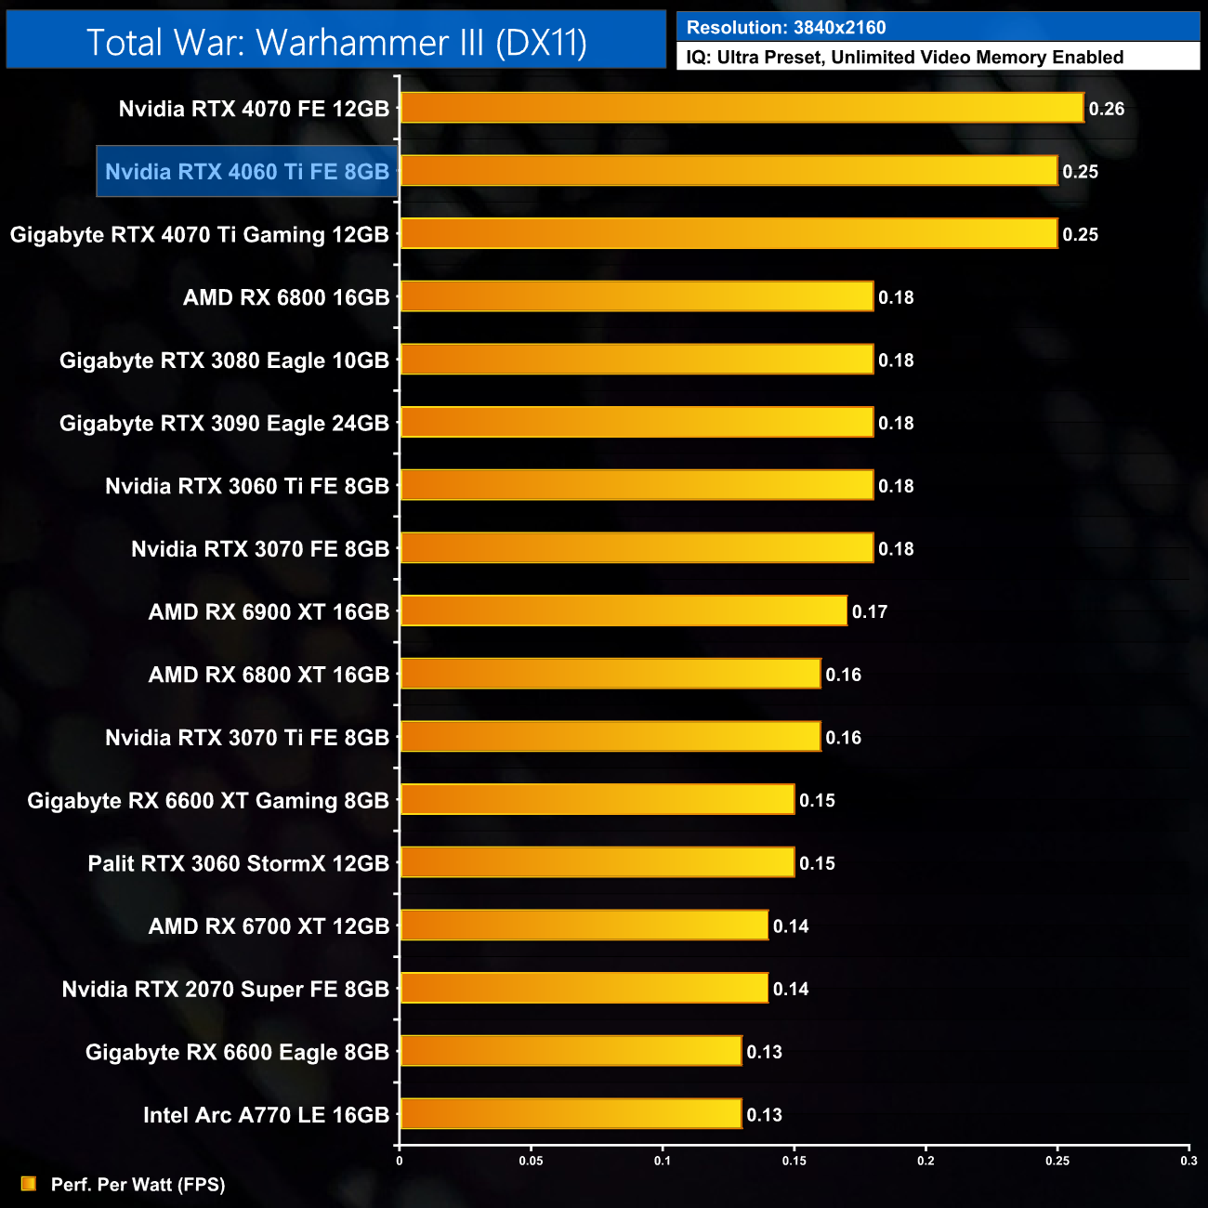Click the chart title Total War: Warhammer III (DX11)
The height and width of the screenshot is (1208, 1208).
click(x=336, y=43)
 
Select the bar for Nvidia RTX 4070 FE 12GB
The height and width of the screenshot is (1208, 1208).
click(x=742, y=108)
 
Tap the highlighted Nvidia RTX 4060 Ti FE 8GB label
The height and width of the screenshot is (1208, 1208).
click(x=247, y=172)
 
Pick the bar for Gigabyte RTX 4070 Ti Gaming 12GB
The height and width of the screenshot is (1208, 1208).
click(x=729, y=234)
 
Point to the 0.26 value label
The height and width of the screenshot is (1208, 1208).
click(x=1107, y=109)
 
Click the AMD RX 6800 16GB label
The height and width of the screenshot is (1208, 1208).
click(x=286, y=297)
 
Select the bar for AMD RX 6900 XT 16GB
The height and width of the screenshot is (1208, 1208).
click(x=624, y=611)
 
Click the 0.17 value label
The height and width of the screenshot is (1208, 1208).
click(x=870, y=611)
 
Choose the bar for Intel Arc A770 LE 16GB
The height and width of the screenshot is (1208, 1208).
click(x=571, y=1114)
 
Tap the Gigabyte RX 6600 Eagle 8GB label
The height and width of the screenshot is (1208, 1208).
click(x=237, y=1052)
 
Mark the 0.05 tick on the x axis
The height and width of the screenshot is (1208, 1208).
click(x=531, y=1161)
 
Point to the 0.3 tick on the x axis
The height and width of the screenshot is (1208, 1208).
click(x=1188, y=1161)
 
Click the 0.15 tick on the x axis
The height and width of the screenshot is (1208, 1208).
click(x=794, y=1161)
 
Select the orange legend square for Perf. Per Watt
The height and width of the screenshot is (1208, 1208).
click(x=29, y=1183)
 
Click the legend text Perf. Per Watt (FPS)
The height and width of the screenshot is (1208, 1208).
click(x=138, y=1185)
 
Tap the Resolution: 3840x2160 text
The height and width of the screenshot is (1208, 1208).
click(x=786, y=28)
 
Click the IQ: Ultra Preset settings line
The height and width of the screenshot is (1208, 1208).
click(x=904, y=58)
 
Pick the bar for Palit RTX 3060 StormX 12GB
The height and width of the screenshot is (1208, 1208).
click(x=597, y=862)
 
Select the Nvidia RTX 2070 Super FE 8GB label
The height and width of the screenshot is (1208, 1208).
click(x=226, y=989)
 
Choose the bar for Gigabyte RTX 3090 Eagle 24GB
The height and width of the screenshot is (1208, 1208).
click(x=637, y=423)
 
